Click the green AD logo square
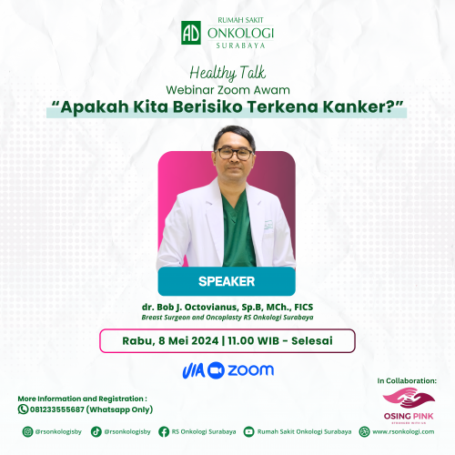coord(191,33)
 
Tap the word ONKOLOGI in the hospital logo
coord(240,33)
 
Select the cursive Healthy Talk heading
coord(227,73)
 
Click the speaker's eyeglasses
coord(234,154)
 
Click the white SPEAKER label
coord(227,281)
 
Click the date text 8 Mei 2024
coord(188,341)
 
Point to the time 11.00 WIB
coord(254,341)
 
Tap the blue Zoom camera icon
coord(216,370)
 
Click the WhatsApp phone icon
coord(23,409)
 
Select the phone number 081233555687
coord(57,409)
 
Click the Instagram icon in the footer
coord(27,431)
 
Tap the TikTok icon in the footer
coord(96,431)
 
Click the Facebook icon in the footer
coord(164,431)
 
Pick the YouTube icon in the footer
coord(248,431)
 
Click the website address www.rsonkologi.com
coord(403,431)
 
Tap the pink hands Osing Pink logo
coord(409,398)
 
